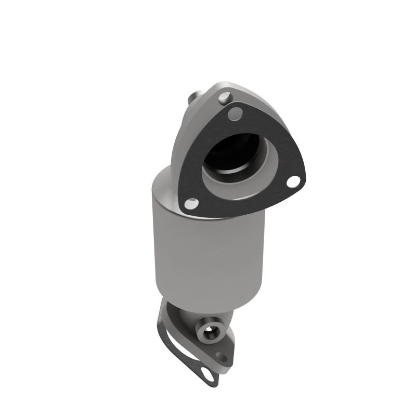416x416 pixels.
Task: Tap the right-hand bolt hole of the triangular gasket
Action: click(294, 181)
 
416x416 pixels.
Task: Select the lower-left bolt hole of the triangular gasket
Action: click(192, 204)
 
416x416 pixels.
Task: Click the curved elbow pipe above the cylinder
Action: click(182, 140)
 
